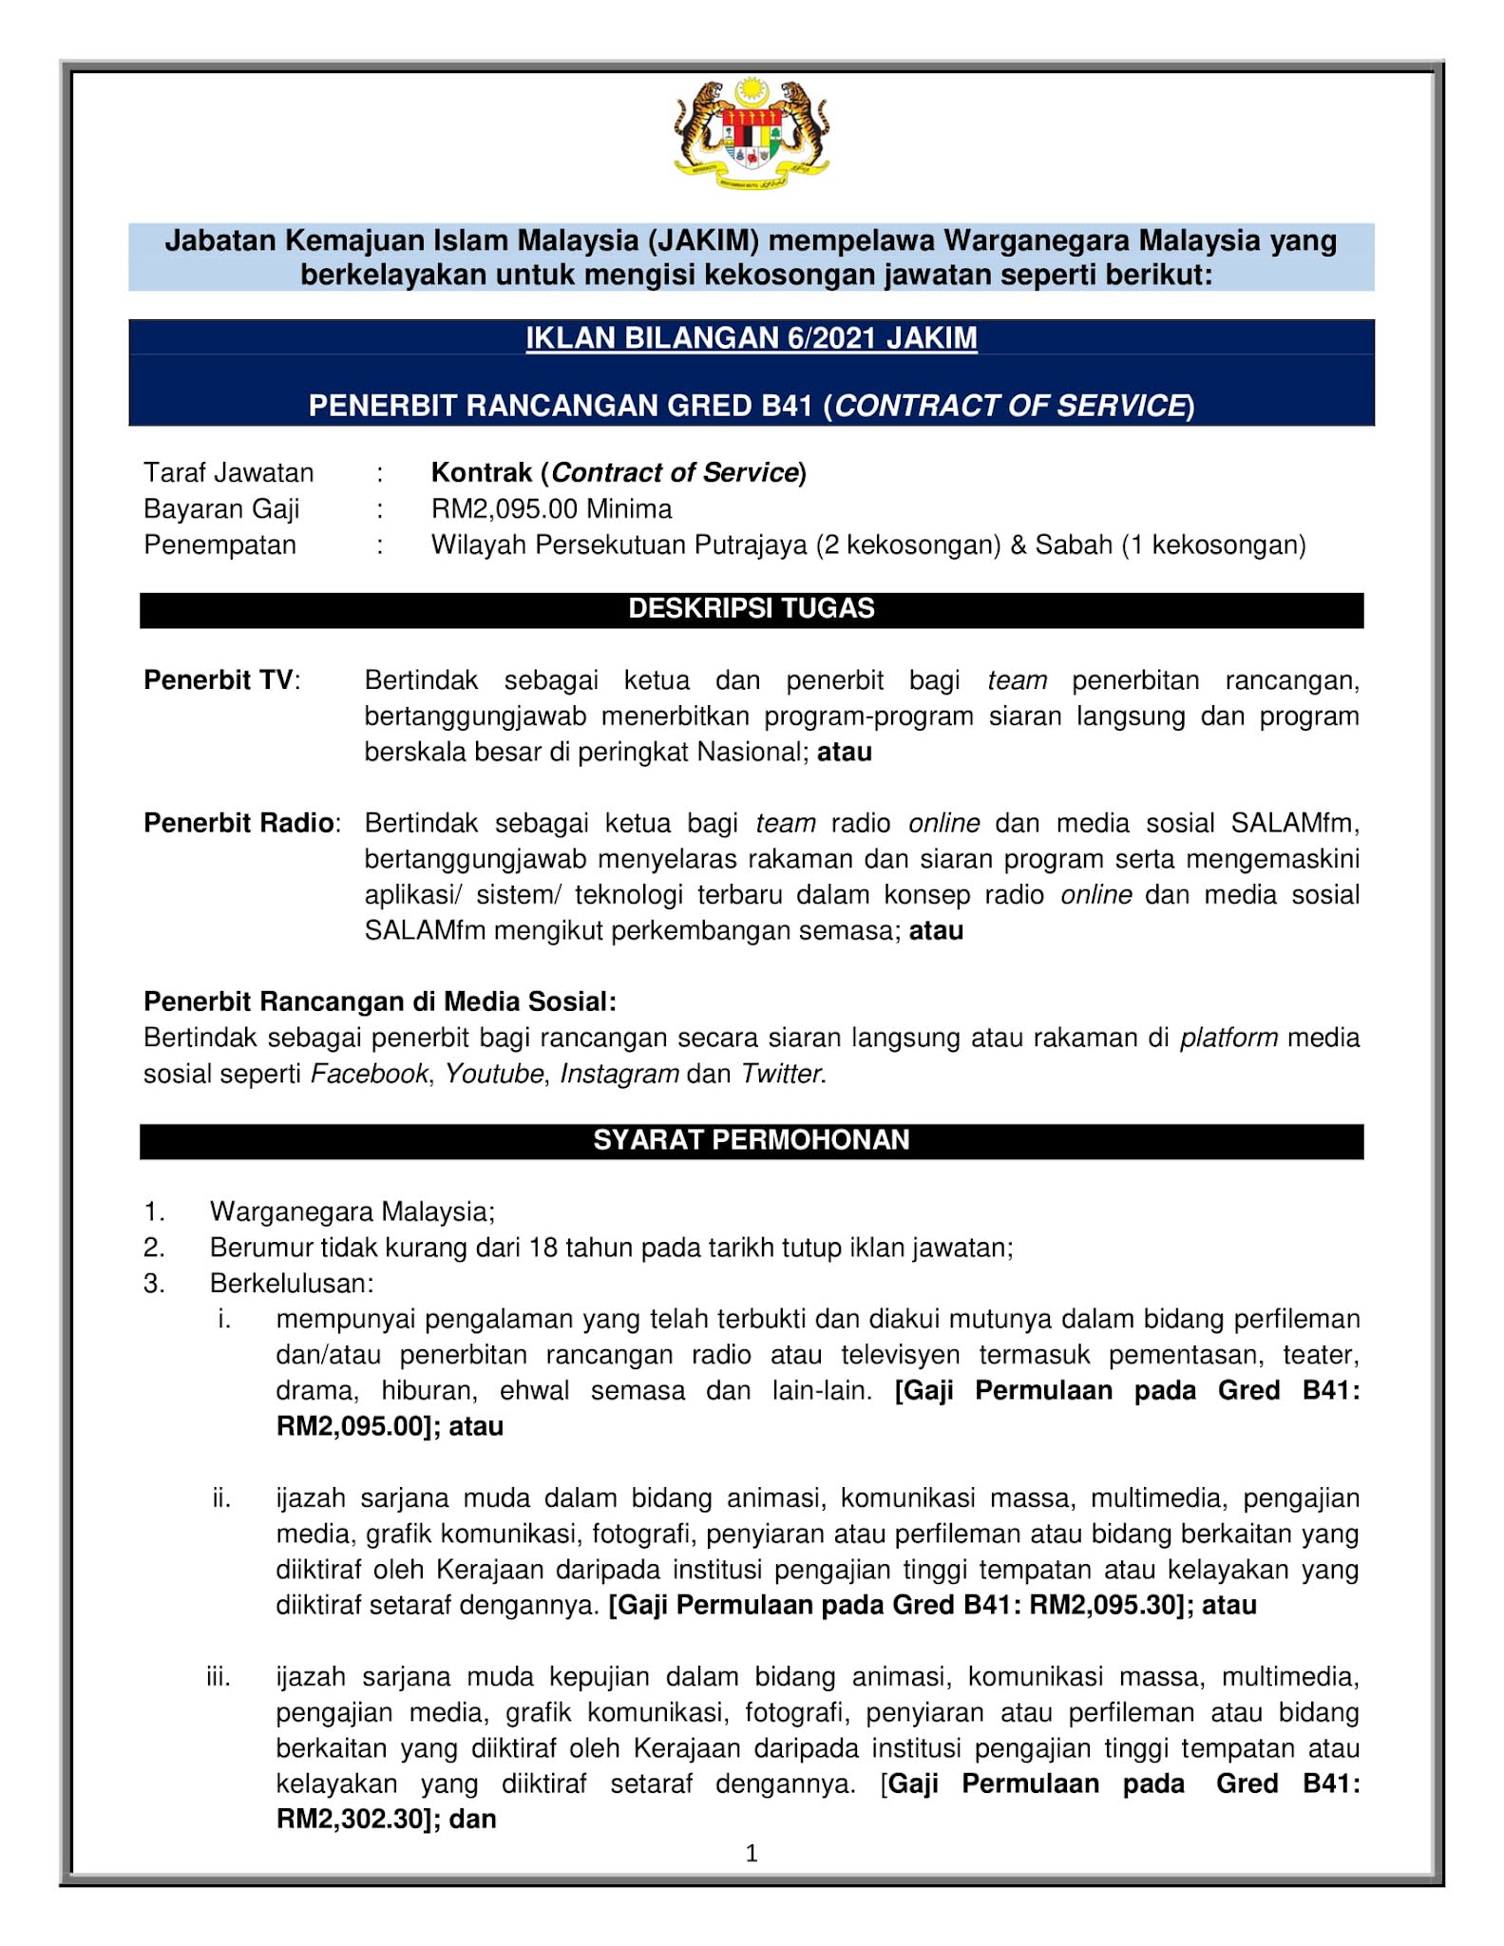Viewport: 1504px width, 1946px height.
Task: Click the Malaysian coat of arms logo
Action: [x=751, y=133]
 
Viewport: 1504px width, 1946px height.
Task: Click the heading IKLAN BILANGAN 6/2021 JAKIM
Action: [x=751, y=338]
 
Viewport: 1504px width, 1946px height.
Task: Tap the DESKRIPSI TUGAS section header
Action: [x=751, y=608]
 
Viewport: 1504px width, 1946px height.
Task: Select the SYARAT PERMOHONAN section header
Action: [x=751, y=1139]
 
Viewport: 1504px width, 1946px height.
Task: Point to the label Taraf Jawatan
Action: [x=228, y=472]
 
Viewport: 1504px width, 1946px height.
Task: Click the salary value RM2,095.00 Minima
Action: [x=551, y=508]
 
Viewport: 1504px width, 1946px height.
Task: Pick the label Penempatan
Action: [x=219, y=544]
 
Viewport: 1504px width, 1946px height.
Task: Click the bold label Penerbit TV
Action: [x=219, y=679]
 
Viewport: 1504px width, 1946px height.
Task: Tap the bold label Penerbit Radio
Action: [x=238, y=822]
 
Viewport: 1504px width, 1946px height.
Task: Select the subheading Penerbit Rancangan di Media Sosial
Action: [x=379, y=1001]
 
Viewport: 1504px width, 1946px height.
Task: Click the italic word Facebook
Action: [x=369, y=1073]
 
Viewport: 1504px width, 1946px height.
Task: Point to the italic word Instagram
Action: [x=619, y=1073]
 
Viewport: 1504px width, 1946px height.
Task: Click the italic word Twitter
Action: [x=781, y=1073]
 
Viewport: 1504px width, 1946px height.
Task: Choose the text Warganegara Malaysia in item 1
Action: [x=352, y=1211]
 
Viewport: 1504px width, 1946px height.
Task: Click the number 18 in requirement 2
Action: [x=543, y=1247]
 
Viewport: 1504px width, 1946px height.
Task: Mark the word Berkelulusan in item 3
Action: [x=291, y=1283]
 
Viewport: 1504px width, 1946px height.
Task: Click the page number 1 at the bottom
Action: [x=752, y=1852]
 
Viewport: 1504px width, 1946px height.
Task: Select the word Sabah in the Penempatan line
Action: [x=1074, y=544]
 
